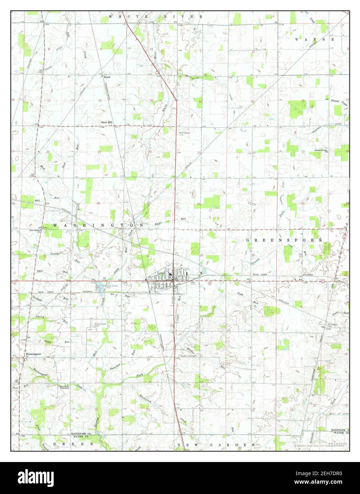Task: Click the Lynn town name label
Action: (162, 273)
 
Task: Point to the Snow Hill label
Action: (107, 122)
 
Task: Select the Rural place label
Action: (107, 77)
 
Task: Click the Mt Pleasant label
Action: (184, 133)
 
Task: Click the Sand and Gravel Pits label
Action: (110, 286)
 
